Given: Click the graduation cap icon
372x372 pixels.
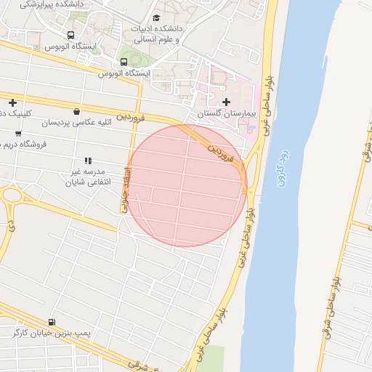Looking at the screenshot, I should point(156,17).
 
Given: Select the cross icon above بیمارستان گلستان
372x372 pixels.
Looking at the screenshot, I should point(226,102).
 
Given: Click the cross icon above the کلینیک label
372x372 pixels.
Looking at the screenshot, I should point(12,102).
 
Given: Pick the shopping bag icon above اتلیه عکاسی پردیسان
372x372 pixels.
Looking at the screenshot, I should point(76,111).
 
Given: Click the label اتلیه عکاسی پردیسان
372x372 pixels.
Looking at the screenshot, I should point(76,123).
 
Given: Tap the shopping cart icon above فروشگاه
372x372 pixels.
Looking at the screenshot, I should point(17,133).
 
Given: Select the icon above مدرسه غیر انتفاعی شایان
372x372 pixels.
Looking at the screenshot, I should point(87,161).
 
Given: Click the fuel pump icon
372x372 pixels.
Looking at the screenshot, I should point(51,322).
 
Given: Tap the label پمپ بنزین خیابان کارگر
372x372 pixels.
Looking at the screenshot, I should point(50,333).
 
